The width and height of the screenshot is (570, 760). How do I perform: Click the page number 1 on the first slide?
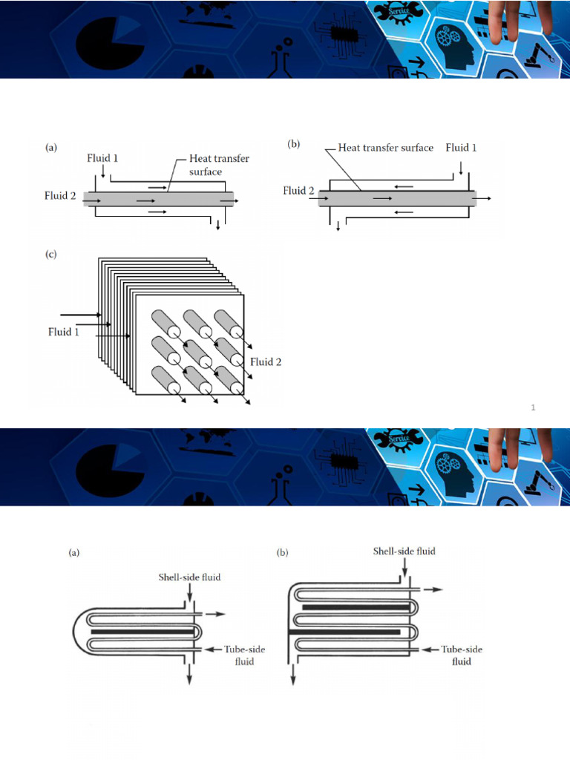pyautogui.click(x=533, y=407)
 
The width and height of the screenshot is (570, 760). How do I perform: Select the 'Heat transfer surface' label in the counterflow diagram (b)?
pyautogui.click(x=385, y=148)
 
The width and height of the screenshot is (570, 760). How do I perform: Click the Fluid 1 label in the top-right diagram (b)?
pyautogui.click(x=461, y=148)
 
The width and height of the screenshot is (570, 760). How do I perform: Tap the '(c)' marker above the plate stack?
pyautogui.click(x=51, y=255)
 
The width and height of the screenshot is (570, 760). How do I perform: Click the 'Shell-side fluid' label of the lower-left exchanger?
pyautogui.click(x=189, y=577)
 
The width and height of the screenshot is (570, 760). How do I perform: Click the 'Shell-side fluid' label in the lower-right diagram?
pyautogui.click(x=404, y=551)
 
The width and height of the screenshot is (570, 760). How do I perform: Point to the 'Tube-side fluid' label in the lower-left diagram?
pyautogui.click(x=245, y=655)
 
